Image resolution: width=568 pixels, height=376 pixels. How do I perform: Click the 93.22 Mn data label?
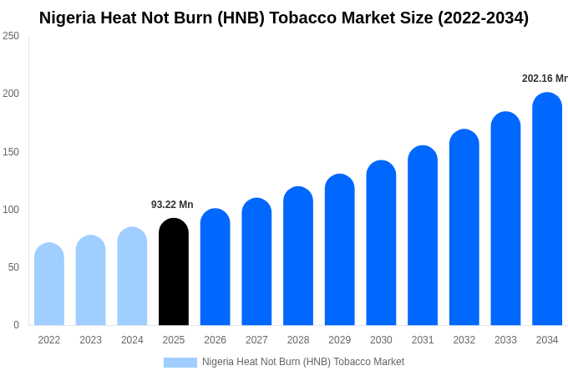click(172, 205)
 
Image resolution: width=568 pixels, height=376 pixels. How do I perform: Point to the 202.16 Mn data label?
click(544, 79)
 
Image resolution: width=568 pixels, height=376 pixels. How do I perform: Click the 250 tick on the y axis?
click(11, 36)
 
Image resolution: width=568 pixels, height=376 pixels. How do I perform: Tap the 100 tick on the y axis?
click(11, 210)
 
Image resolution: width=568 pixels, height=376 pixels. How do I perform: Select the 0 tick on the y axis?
click(16, 325)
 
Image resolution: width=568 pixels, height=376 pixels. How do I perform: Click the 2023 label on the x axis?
click(90, 340)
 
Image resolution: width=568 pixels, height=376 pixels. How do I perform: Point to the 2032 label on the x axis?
click(464, 340)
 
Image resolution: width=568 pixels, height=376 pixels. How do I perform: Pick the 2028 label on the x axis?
click(298, 340)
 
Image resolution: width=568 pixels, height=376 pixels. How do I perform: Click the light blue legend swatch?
click(180, 363)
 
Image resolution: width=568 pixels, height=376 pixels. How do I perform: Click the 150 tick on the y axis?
click(11, 152)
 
